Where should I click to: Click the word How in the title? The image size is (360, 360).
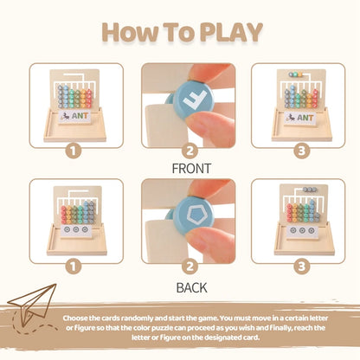point(123,31)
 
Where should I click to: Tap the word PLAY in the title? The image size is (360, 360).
point(228,31)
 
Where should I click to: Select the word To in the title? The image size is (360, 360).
point(173,31)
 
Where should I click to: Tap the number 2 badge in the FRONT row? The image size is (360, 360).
point(180,149)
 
